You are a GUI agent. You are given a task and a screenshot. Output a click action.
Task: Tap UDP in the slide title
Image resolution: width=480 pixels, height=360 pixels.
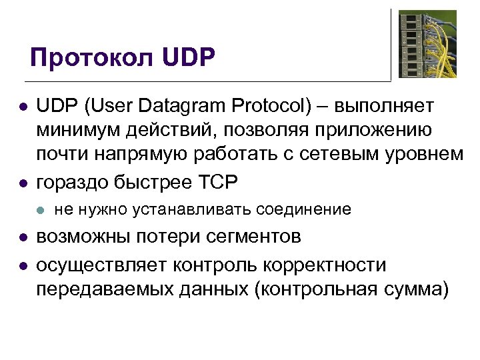tap(189, 59)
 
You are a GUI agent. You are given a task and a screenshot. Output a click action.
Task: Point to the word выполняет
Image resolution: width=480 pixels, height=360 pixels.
tap(384, 106)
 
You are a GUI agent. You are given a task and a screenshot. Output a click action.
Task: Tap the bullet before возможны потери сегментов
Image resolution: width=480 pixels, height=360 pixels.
tap(23, 238)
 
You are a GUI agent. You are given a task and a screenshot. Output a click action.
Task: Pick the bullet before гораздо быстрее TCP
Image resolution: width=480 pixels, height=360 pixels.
tap(23, 181)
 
